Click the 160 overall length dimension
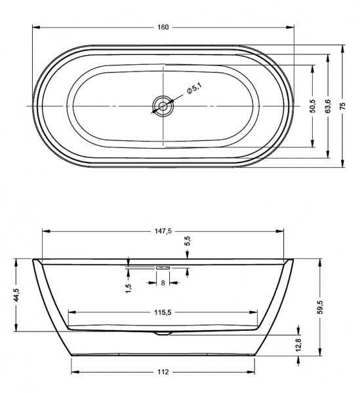(x=163, y=27)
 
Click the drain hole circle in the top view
(x=163, y=105)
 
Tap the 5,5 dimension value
(x=188, y=241)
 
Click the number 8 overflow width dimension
(x=163, y=284)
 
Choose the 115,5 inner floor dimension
(x=163, y=313)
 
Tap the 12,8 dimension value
(x=298, y=345)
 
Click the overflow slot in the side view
(x=162, y=267)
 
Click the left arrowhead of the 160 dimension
(x=35, y=27)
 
